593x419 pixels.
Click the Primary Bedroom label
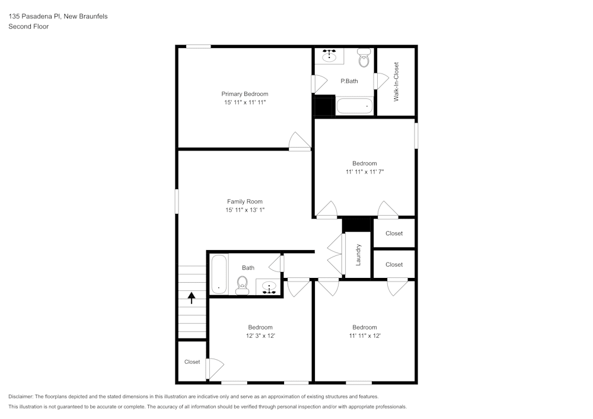(244, 94)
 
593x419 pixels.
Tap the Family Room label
(244, 201)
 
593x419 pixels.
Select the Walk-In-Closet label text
(396, 81)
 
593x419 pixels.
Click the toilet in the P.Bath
(364, 59)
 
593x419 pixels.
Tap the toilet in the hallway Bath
(242, 286)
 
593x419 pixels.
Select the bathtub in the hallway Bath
(219, 273)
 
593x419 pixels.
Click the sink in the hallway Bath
(270, 287)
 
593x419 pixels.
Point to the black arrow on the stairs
(192, 297)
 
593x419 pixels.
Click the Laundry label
(358, 254)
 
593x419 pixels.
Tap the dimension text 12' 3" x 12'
(260, 335)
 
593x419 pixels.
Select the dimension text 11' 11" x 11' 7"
(364, 172)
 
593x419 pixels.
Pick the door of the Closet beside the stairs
(214, 368)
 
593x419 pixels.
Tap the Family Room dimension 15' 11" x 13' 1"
(244, 210)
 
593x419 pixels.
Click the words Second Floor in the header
(28, 27)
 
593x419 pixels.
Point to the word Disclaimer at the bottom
(21, 396)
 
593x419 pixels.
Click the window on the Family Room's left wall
(176, 200)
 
